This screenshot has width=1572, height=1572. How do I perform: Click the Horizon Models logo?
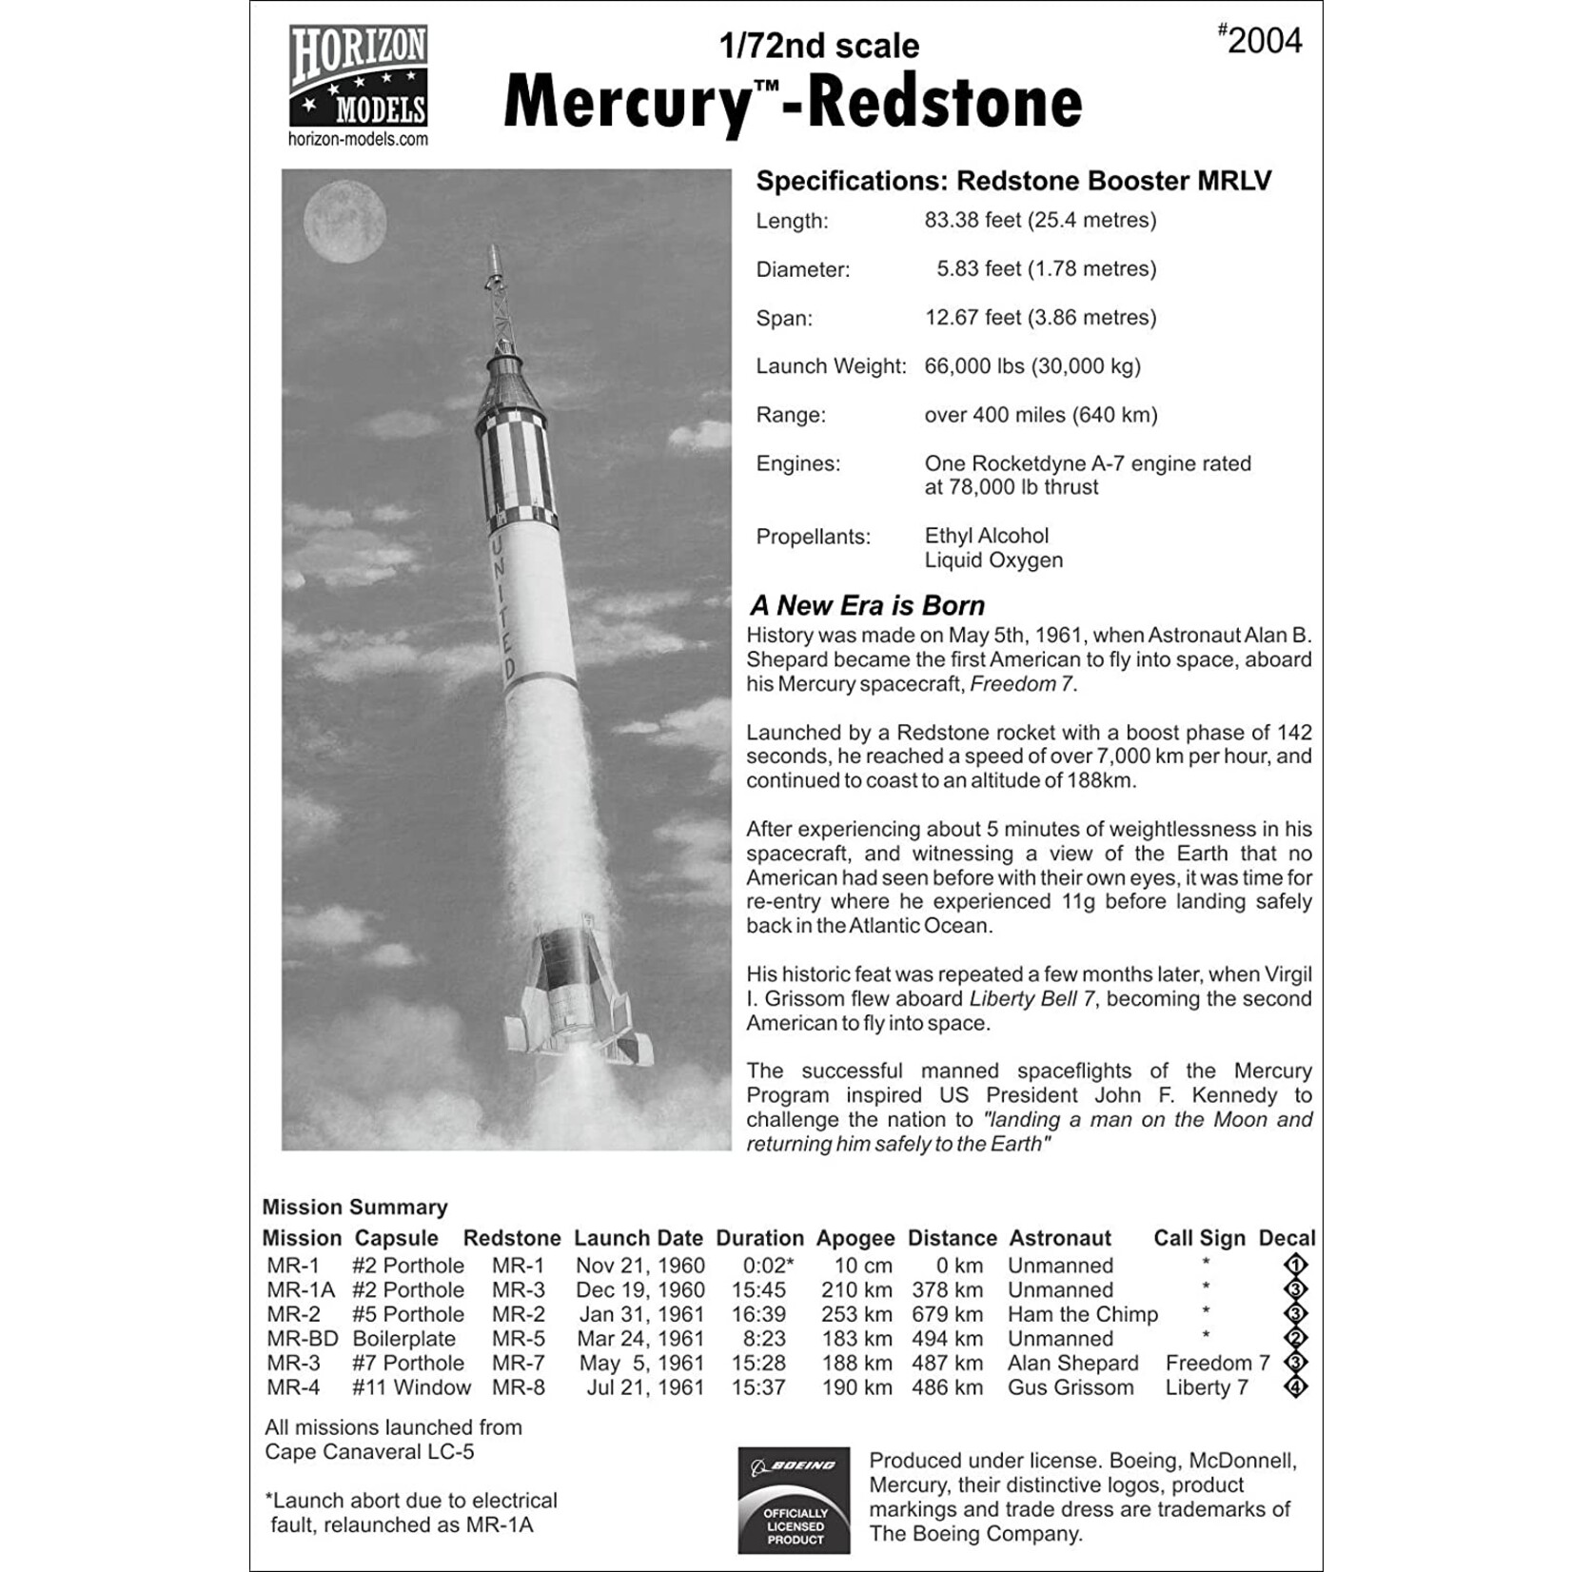358,76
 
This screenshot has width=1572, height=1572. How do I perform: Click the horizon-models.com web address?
358,139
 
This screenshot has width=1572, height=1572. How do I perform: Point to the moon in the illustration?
344,220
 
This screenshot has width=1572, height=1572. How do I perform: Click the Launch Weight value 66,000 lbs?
1032,366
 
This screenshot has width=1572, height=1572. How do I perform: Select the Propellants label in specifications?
813,537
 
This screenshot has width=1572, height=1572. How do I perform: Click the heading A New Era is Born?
867,606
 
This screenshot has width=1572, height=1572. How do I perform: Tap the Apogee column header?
855,1238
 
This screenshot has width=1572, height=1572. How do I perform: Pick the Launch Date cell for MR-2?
641,1314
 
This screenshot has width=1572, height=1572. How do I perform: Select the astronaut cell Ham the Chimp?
1082,1314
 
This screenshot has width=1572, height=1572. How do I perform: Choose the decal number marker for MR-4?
1295,1387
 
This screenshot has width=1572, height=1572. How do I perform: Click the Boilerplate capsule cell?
403,1339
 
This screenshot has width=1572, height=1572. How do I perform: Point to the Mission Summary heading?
355,1207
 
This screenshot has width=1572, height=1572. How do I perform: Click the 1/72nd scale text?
819,46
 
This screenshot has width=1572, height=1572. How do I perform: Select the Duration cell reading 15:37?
758,1387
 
